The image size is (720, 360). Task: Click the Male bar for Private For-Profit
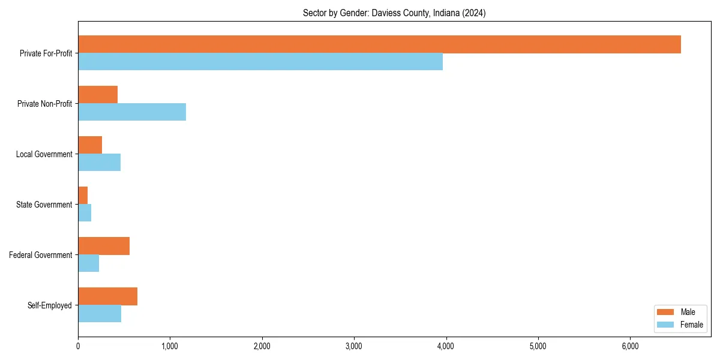point(379,44)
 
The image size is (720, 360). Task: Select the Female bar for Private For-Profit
point(260,62)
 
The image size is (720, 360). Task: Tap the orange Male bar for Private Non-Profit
point(98,95)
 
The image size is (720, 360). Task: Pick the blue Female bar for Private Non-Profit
point(132,112)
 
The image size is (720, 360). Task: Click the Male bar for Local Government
point(90,145)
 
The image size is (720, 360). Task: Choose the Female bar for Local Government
point(99,163)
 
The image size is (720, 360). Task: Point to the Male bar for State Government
point(83,196)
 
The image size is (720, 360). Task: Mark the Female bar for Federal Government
point(88,263)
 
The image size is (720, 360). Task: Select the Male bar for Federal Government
point(104,246)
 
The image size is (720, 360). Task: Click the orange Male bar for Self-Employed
point(107,296)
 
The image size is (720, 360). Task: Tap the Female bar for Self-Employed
point(100,314)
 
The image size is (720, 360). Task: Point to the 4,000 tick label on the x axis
point(446,346)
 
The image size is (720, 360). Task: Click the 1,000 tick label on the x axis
point(170,346)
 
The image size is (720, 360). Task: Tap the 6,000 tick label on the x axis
point(630,346)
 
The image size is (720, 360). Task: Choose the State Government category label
point(44,205)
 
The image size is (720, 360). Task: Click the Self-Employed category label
point(50,305)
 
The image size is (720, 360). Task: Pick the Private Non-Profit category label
point(45,104)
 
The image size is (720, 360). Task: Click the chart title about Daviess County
point(394,13)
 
